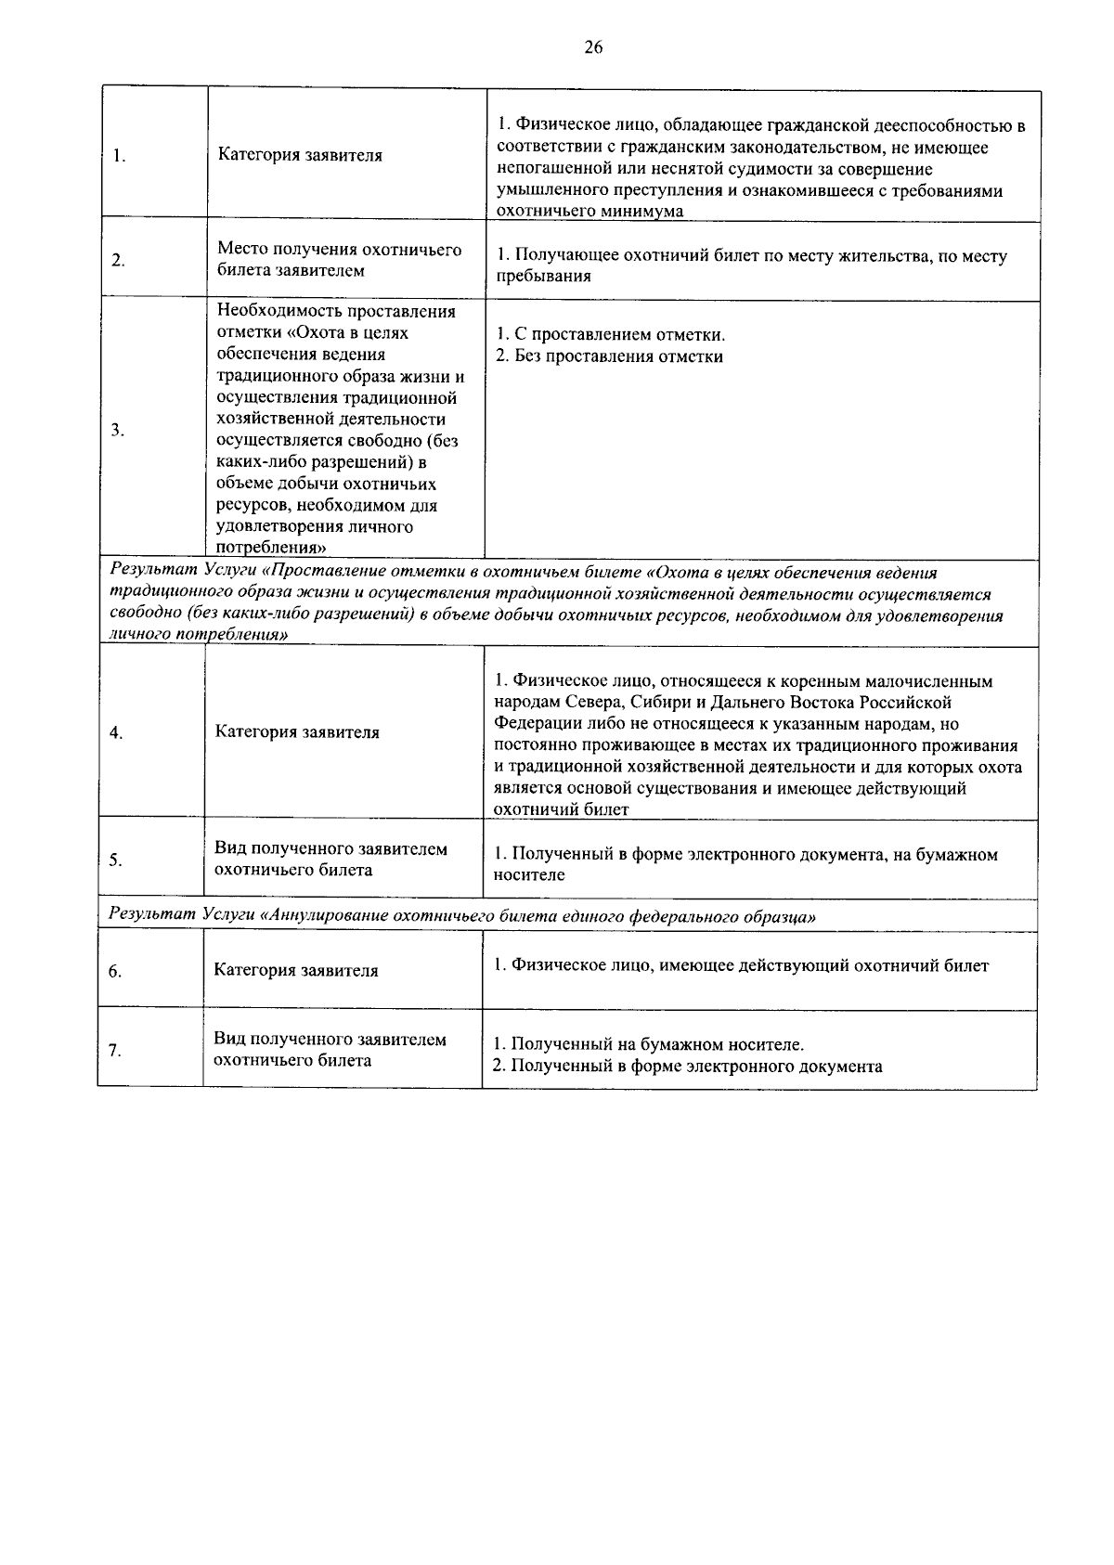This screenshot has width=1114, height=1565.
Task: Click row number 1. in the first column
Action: tap(120, 156)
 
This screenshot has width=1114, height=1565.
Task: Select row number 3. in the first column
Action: tap(118, 430)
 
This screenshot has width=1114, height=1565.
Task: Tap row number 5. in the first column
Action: tap(115, 860)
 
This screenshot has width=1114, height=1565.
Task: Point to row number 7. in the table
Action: tap(114, 1051)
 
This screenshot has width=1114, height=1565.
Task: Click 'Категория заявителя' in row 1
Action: tap(300, 155)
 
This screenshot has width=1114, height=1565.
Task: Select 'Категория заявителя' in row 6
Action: tap(296, 971)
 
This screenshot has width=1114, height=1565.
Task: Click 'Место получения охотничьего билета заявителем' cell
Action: tap(339, 260)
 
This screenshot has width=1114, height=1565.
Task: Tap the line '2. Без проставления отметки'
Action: tap(608, 356)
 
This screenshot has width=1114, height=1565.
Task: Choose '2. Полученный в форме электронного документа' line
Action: tap(687, 1066)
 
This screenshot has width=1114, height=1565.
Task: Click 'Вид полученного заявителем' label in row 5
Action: tap(330, 849)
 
